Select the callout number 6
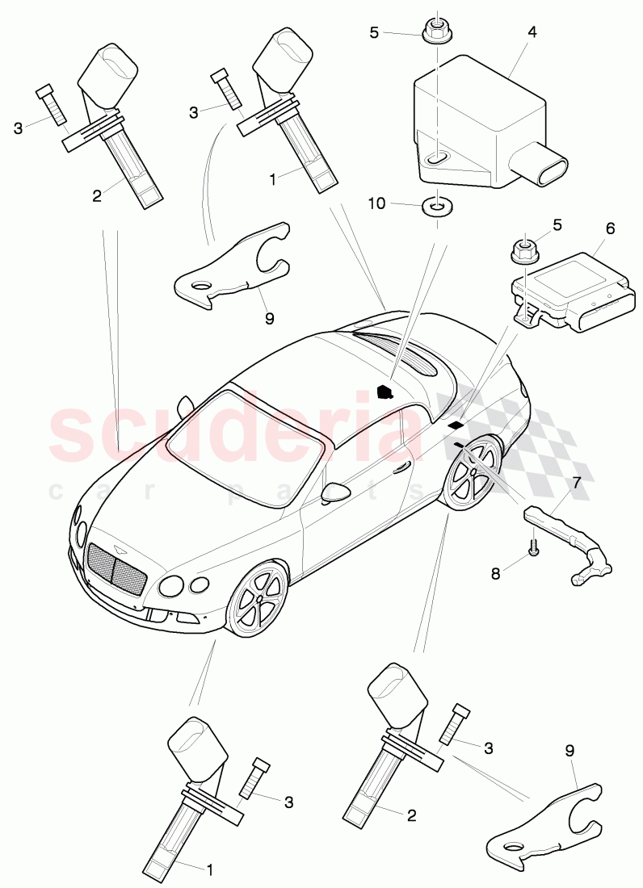(610, 228)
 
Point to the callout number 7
(576, 484)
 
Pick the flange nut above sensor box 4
(437, 34)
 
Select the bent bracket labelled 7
(569, 542)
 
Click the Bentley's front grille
(115, 569)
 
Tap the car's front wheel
(258, 601)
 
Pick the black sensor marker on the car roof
(385, 392)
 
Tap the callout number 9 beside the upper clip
(269, 318)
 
